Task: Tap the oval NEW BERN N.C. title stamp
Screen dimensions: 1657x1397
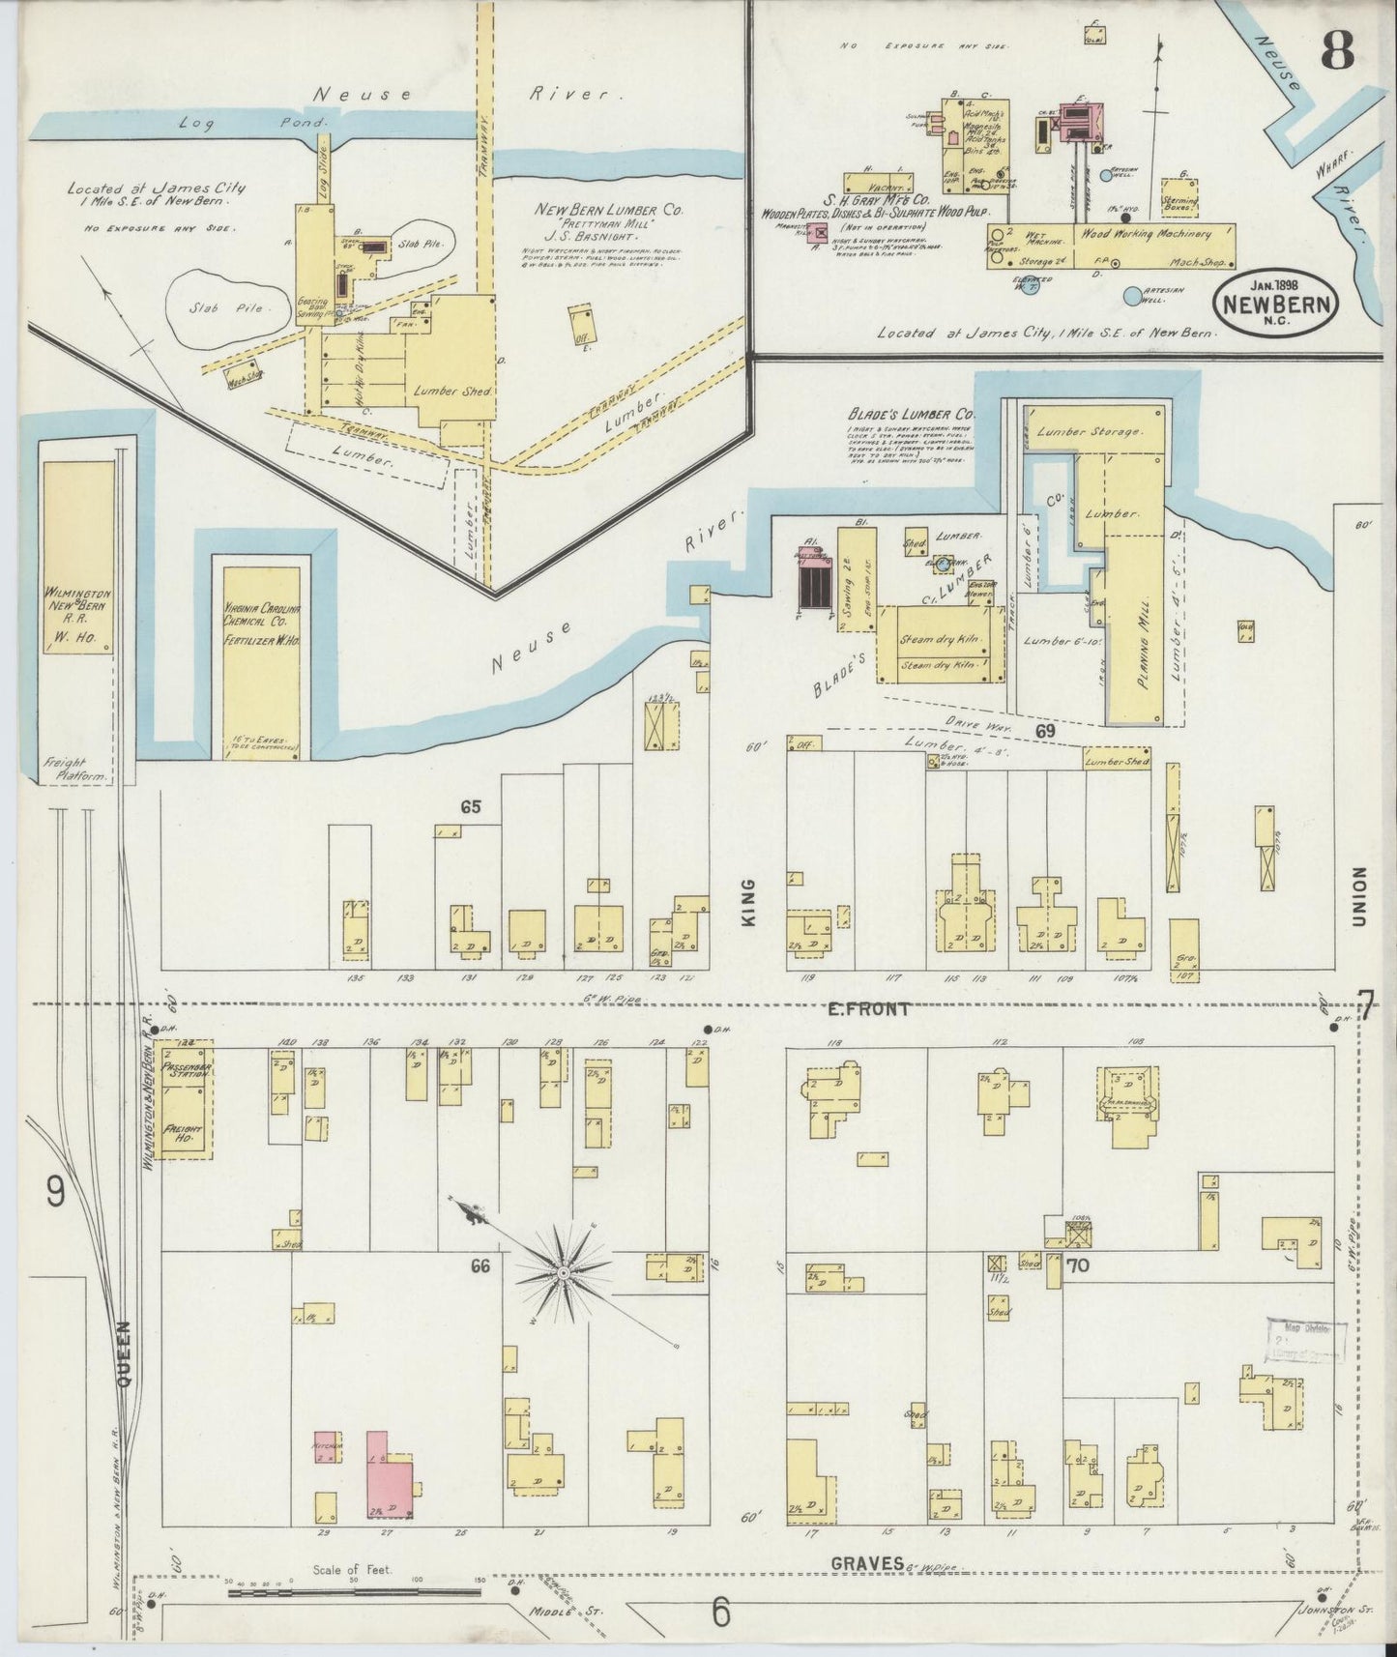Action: (x=1277, y=303)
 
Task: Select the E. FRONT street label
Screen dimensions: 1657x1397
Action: (x=869, y=1009)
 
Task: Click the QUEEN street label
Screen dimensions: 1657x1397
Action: (x=125, y=1353)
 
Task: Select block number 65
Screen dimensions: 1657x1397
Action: (x=471, y=806)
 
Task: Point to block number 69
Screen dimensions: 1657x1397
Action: (x=1045, y=731)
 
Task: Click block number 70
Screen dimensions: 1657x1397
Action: (x=1080, y=1263)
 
